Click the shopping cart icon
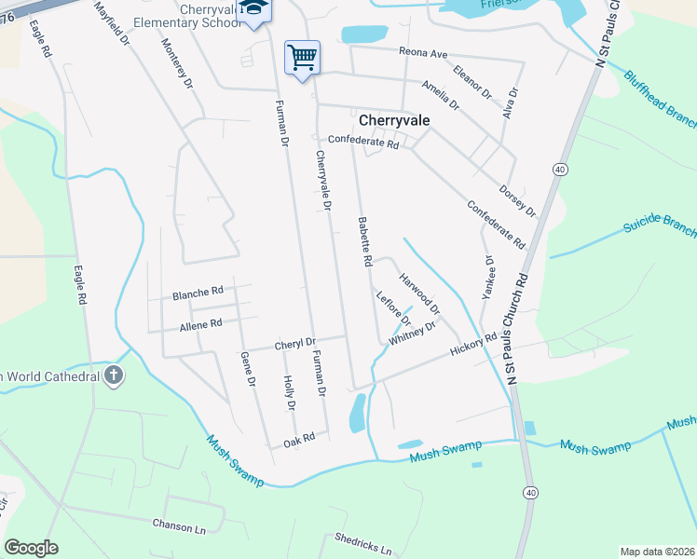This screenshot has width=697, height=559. (302, 58)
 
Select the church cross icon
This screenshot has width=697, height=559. (114, 375)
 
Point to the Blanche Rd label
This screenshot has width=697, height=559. (198, 293)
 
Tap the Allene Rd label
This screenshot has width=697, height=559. (201, 324)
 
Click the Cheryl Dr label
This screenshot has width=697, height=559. (295, 344)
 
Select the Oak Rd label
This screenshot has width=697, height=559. (299, 437)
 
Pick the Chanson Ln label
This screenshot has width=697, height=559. (179, 525)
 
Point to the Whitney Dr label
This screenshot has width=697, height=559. (413, 334)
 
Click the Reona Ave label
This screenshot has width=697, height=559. (424, 51)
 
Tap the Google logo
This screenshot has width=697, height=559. (32, 548)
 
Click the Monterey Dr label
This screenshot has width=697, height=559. (176, 63)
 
